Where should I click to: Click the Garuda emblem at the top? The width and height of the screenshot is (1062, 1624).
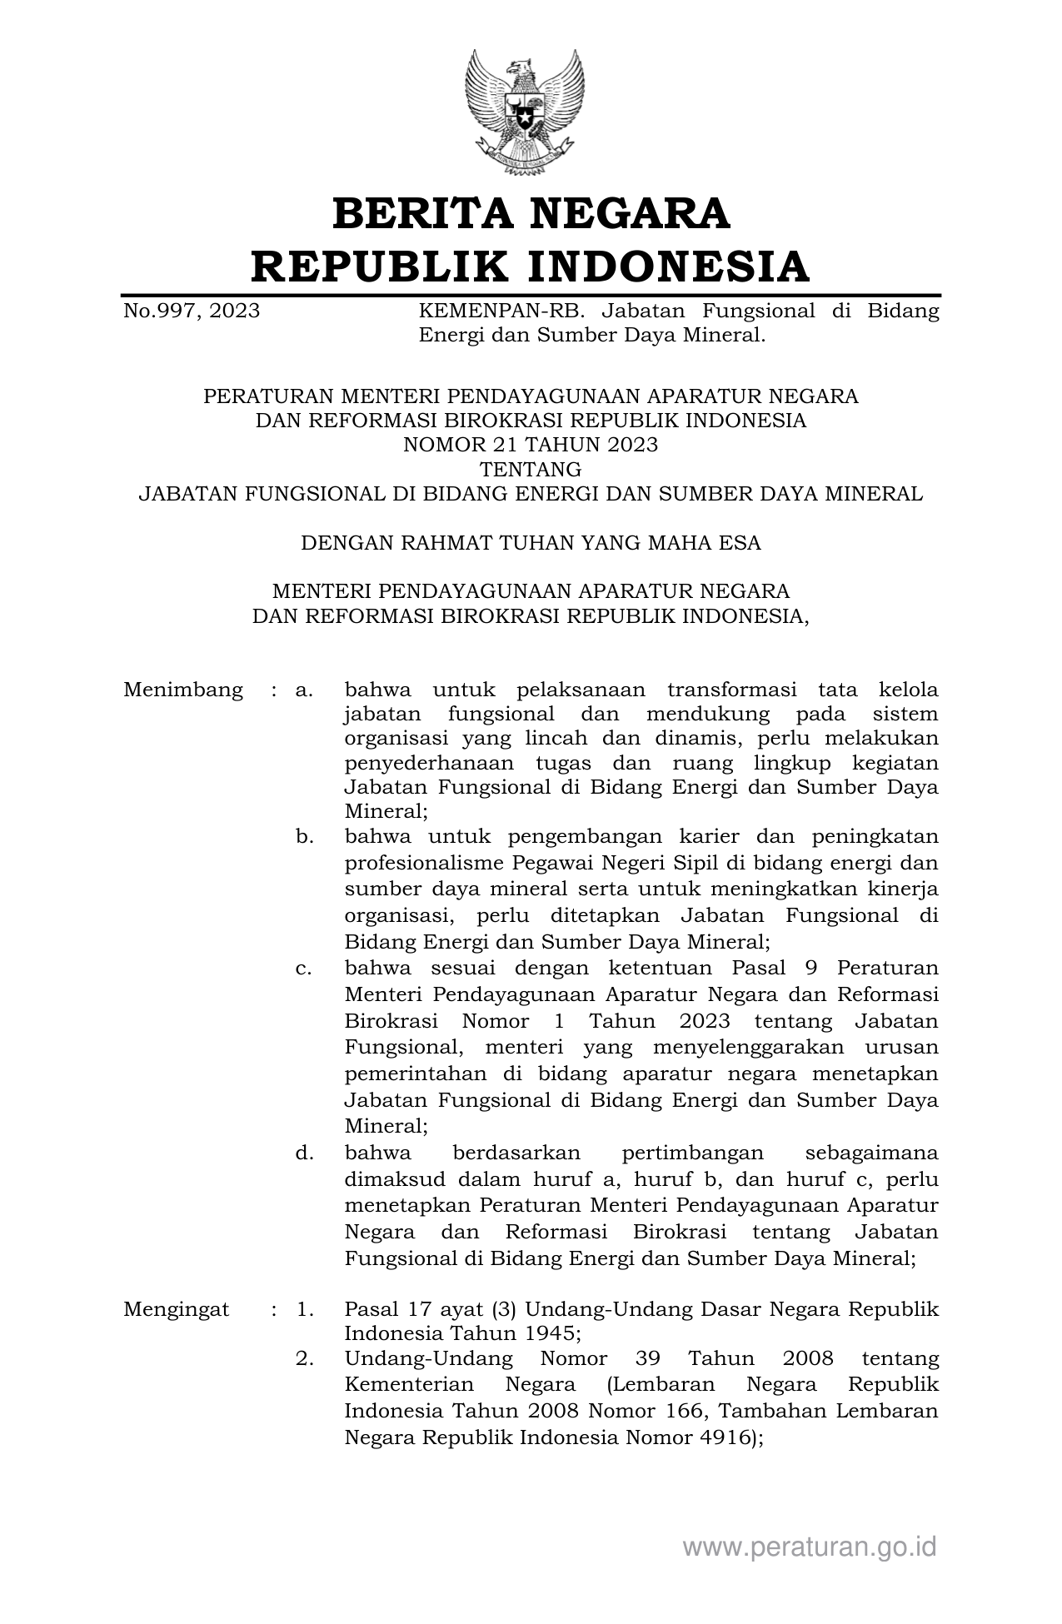524,112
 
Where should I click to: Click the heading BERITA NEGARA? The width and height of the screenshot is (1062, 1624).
531,213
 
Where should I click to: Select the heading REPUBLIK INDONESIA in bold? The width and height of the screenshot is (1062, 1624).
531,267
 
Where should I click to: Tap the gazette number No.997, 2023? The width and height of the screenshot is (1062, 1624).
192,311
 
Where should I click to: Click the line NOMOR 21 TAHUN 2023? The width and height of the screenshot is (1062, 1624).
531,445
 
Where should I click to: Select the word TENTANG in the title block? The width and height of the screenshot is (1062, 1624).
531,469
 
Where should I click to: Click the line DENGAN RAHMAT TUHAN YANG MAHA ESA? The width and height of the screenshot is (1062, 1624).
531,543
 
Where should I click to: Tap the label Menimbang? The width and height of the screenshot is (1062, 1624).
183,690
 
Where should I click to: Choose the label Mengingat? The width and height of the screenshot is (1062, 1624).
177,1308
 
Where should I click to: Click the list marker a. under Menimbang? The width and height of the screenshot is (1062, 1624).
304,690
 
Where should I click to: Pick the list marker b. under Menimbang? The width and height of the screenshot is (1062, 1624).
304,836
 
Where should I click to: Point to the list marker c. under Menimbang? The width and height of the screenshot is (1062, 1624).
304,969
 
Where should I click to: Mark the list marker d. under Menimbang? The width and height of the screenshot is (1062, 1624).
304,1153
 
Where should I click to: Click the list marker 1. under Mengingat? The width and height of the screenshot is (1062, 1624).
305,1308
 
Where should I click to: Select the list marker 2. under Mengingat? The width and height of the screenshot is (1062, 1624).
305,1358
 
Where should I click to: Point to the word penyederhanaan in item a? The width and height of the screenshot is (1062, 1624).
426,764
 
